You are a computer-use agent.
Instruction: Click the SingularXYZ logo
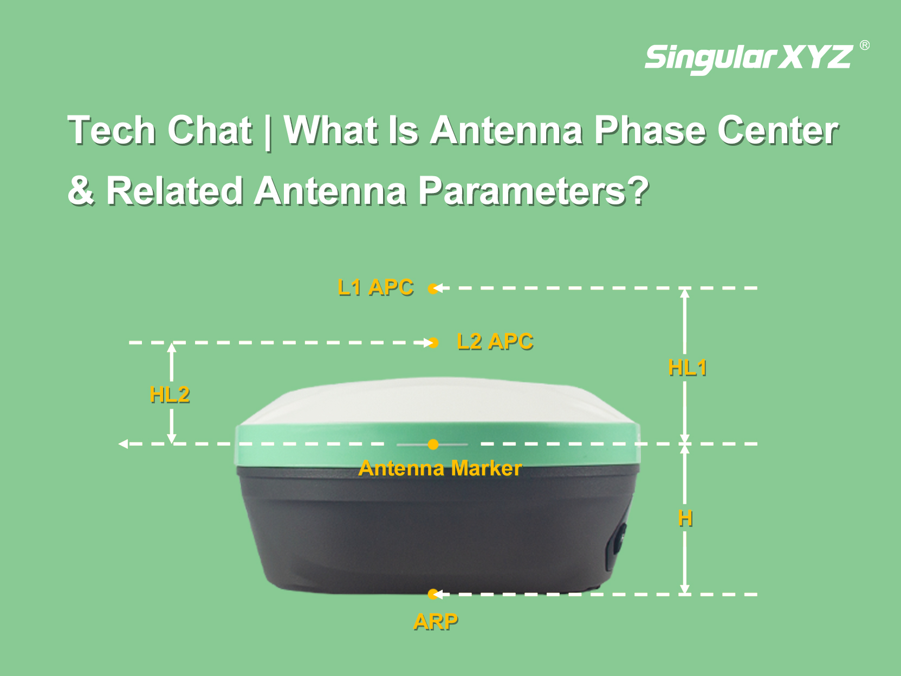tap(749, 59)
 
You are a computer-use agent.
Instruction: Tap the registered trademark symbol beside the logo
tap(865, 45)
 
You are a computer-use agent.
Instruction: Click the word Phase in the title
tap(650, 131)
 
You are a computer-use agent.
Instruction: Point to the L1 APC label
tap(375, 287)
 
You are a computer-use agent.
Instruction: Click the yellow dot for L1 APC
tap(433, 289)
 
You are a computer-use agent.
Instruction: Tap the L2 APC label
tap(495, 342)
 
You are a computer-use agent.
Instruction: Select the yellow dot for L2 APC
tap(433, 343)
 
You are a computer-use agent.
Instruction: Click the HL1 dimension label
tap(687, 368)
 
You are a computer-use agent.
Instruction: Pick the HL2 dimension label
tap(170, 395)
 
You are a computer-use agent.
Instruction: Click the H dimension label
tap(685, 518)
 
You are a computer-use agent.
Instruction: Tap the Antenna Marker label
tap(440, 468)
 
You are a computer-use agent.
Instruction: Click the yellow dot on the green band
tap(433, 445)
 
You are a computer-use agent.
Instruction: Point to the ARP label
tap(436, 622)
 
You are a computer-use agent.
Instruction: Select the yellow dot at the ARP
tap(433, 594)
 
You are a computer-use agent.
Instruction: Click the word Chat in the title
tap(209, 131)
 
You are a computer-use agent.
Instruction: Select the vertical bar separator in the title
tap(268, 132)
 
